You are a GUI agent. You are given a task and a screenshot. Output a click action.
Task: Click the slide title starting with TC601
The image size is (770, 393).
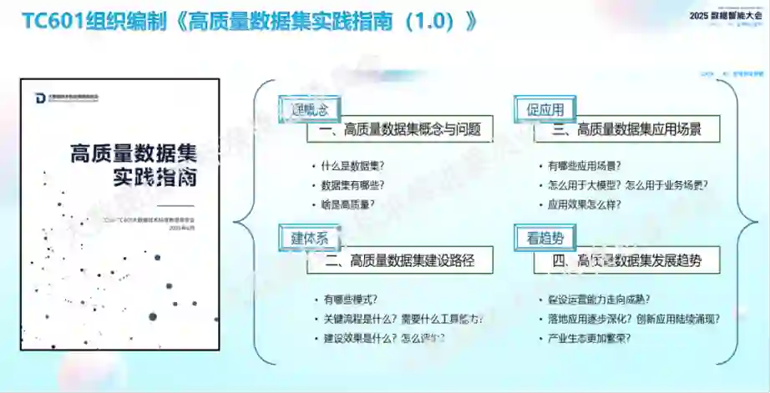pyautogui.click(x=249, y=21)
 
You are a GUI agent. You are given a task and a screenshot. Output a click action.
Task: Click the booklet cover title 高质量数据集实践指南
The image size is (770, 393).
pyautogui.click(x=134, y=165)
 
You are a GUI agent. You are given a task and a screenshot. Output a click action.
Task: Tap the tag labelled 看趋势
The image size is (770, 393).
pyautogui.click(x=545, y=238)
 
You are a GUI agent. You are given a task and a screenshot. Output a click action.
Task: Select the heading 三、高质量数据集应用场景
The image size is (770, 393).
pyautogui.click(x=627, y=129)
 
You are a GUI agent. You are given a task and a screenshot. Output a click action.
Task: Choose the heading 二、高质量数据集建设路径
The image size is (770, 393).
pyautogui.click(x=400, y=260)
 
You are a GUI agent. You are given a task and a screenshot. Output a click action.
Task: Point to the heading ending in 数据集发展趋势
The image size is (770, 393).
pyautogui.click(x=627, y=260)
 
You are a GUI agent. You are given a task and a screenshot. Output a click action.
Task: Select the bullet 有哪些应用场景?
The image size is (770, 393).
pyautogui.click(x=584, y=166)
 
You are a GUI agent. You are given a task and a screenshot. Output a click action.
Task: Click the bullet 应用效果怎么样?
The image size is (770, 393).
pyautogui.click(x=584, y=204)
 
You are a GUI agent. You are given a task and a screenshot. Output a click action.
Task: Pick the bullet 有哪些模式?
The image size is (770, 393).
pyautogui.click(x=350, y=299)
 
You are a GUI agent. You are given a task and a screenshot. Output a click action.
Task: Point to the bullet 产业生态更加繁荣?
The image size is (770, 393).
pyautogui.click(x=589, y=338)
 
